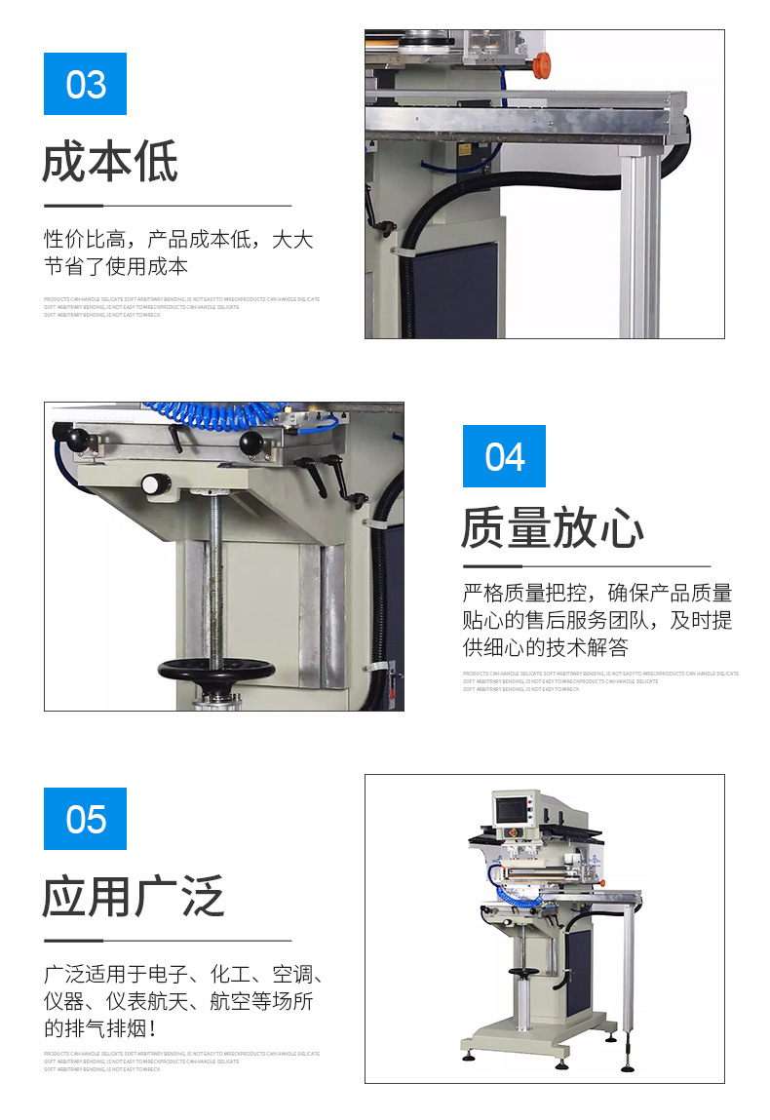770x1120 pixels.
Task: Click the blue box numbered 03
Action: [86, 84]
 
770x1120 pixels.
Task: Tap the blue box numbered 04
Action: [504, 456]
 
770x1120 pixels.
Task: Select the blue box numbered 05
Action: [86, 819]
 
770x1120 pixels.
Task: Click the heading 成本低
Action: [110, 163]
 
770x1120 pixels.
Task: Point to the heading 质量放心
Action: [553, 529]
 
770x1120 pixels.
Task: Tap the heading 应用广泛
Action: [134, 896]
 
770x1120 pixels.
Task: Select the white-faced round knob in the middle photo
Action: [151, 483]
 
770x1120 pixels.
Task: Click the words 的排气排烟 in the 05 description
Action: [97, 1028]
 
